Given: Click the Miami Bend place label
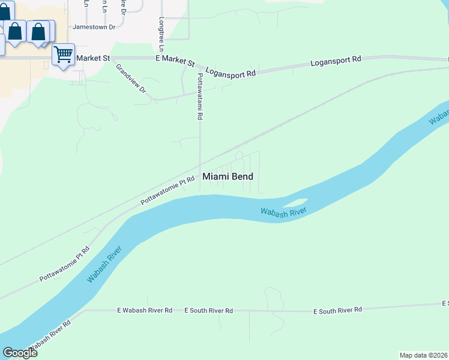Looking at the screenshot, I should coord(228,176).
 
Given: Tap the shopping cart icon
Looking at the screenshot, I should coord(63,55).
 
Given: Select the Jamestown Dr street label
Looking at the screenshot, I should coord(94,27).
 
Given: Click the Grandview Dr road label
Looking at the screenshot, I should coord(131,79).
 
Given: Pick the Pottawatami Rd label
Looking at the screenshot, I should coord(200,96).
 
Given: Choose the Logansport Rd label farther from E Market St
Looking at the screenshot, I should coord(336,61).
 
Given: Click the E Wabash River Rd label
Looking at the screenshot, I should coord(145,310).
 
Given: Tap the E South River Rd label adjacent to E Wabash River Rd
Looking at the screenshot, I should coord(208,310).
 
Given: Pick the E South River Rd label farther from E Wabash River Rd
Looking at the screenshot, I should coord(337,310).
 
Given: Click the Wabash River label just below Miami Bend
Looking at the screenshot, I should coord(284,211).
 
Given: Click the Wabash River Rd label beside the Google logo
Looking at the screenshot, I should coord(50,335).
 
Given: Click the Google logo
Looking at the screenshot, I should coord(20,352).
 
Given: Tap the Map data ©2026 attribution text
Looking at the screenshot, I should coord(424,355).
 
